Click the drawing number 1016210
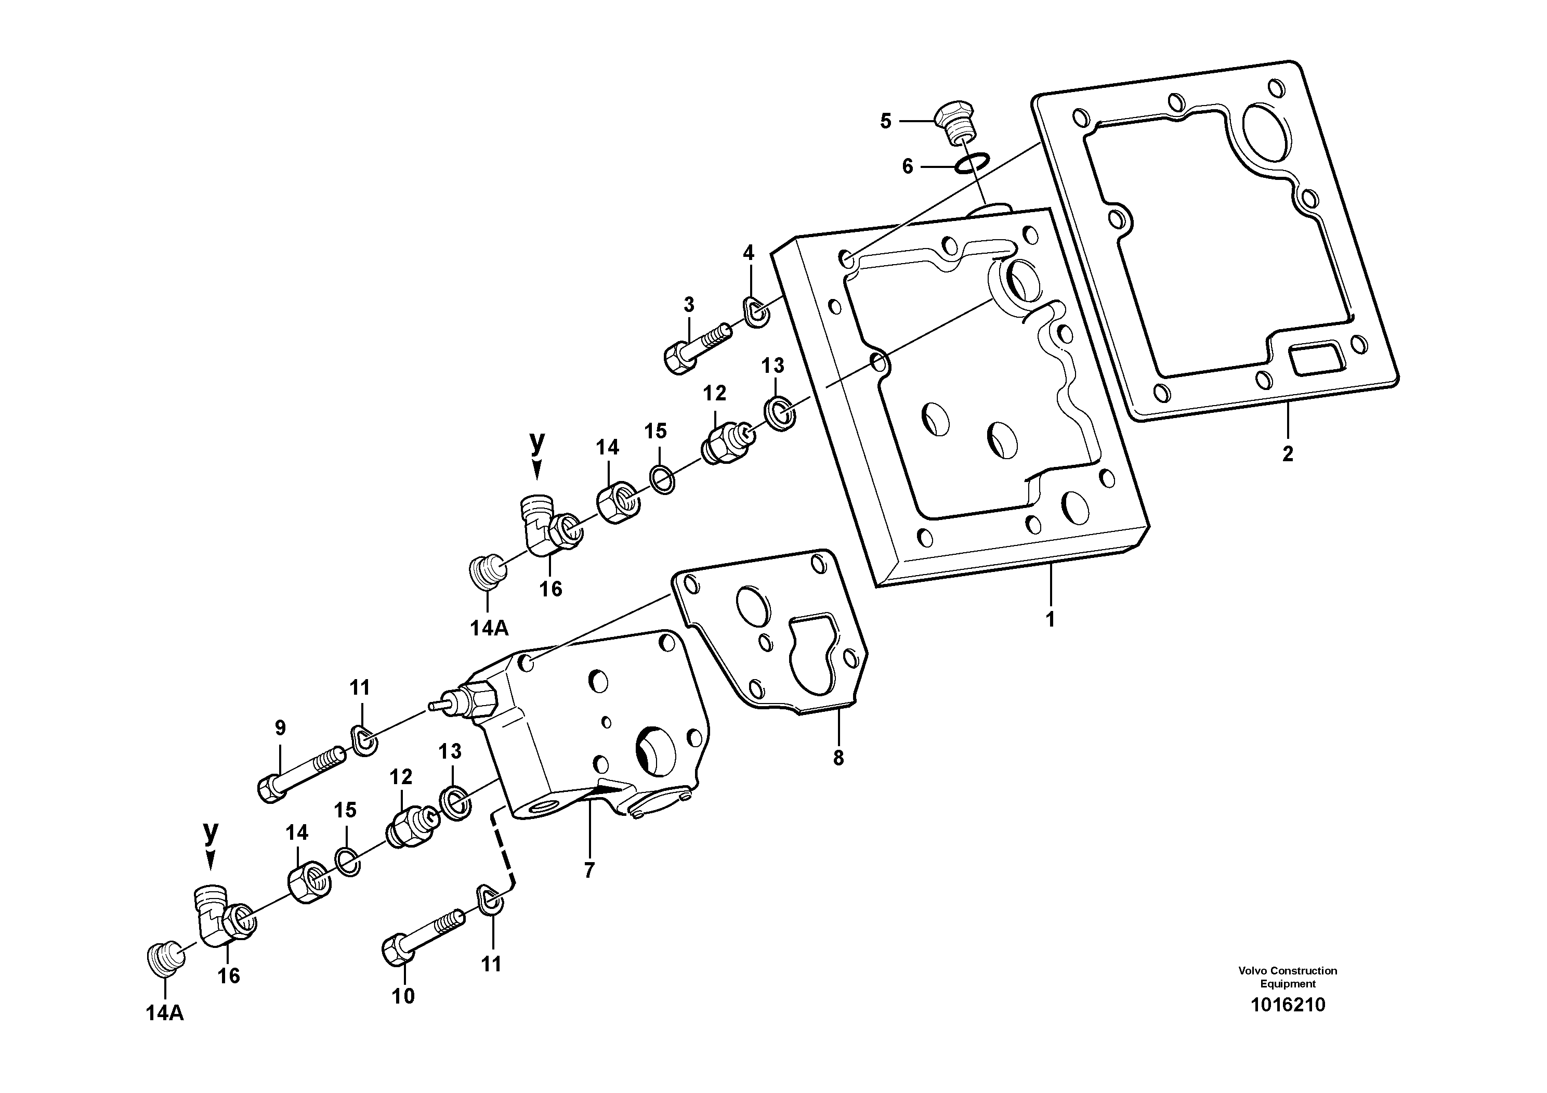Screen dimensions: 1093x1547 point(1287,1006)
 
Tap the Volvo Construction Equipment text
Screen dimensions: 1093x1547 point(1287,977)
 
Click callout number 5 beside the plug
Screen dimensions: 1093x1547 point(885,121)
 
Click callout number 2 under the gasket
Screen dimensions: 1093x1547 point(1287,453)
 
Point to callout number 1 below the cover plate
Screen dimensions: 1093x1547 point(1050,619)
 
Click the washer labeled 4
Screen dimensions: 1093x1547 point(758,311)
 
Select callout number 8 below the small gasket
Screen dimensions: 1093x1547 point(837,758)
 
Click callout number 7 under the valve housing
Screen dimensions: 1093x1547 point(589,870)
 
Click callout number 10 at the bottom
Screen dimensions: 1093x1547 point(403,995)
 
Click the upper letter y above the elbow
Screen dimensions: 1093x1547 point(537,442)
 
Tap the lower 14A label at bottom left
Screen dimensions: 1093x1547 point(164,1013)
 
